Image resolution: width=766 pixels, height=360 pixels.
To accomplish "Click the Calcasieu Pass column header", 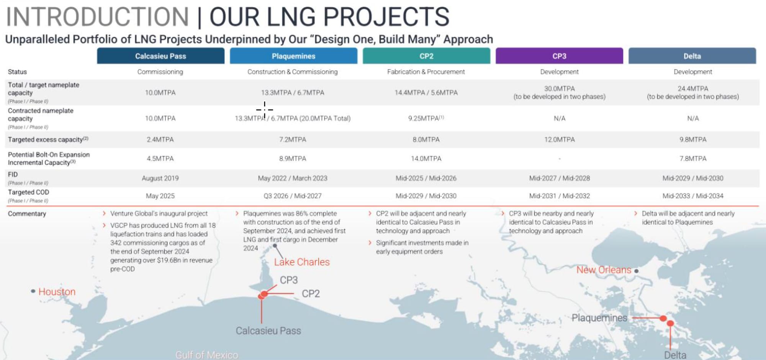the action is point(160,56).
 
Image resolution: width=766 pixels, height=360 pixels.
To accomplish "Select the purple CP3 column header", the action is point(559,56).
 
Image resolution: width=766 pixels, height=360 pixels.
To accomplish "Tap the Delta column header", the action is point(692,56).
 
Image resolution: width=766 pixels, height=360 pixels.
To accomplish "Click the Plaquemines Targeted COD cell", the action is point(293,196).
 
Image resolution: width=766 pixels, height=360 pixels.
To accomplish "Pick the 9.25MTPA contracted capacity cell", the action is point(426,118).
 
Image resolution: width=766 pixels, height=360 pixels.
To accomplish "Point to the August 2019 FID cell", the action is point(160,178).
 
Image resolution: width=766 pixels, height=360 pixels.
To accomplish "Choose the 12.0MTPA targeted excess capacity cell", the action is point(560,140).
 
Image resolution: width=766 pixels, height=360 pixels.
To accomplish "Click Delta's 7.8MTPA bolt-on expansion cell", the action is point(693,159).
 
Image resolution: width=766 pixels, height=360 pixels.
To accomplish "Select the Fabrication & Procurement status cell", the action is point(426,72).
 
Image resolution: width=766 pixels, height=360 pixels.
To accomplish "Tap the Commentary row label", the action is point(27,214).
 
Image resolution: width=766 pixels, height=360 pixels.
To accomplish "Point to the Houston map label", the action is point(57,292).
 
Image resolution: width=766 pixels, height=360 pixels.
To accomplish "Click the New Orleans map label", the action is point(604,270).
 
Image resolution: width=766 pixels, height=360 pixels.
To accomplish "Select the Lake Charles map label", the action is point(302,262).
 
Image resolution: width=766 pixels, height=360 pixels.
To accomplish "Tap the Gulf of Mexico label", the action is point(207,355).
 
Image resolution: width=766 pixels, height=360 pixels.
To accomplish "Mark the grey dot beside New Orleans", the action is point(637,271).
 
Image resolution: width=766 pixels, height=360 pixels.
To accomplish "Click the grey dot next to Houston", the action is point(33,291).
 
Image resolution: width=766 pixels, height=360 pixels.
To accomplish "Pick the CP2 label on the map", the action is point(311,294).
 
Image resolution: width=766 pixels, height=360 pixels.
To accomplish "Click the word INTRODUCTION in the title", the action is point(97,17).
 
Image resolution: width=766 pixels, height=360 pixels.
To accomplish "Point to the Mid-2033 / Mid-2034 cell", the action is point(693,196).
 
